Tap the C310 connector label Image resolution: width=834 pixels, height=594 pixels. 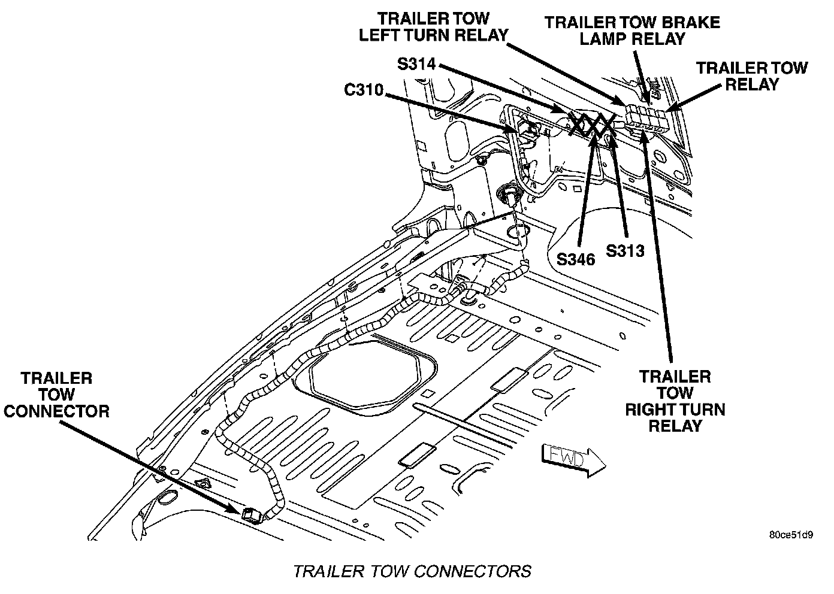point(364,91)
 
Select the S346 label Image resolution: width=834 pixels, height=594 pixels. point(575,259)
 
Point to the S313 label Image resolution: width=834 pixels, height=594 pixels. point(625,250)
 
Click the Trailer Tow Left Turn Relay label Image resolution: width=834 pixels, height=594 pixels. point(433,27)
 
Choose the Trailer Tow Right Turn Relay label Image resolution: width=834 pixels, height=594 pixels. point(675,401)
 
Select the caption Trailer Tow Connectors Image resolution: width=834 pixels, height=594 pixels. point(412,571)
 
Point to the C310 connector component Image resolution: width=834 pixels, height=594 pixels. point(528,132)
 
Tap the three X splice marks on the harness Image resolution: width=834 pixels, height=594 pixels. point(591,125)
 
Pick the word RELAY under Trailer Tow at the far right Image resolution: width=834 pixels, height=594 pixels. point(751,84)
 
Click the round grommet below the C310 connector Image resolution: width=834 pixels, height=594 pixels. point(509,193)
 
